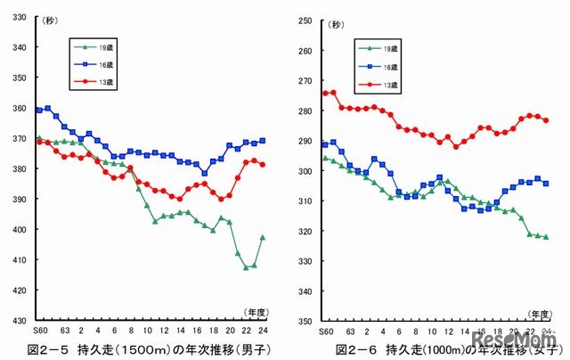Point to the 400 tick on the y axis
click(19, 230)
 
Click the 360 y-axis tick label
click(19, 109)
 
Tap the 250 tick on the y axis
click(304, 20)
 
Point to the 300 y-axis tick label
click(304, 171)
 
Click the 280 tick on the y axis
click(304, 110)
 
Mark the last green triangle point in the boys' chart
click(262, 238)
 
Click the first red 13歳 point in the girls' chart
click(325, 93)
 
